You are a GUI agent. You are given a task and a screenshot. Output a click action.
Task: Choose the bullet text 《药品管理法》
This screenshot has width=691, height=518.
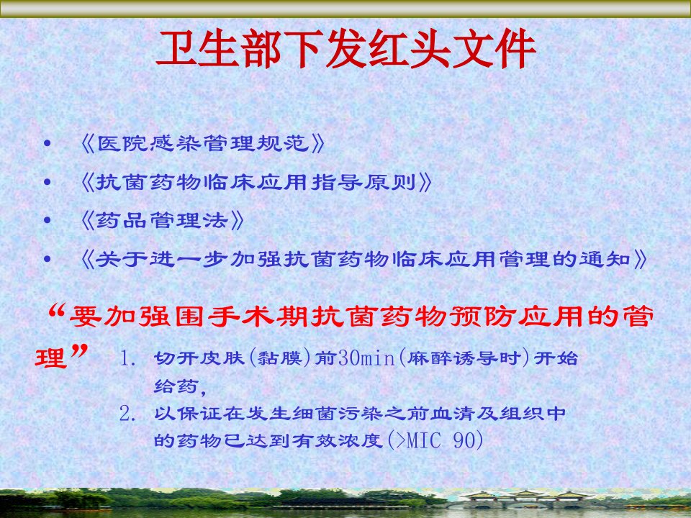(x=162, y=220)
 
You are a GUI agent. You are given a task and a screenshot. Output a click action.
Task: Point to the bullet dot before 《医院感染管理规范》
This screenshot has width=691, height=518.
(x=48, y=144)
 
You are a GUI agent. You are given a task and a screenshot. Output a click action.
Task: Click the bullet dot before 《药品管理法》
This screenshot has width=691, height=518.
(x=48, y=220)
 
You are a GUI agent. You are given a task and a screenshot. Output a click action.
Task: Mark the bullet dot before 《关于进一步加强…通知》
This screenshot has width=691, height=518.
(x=48, y=259)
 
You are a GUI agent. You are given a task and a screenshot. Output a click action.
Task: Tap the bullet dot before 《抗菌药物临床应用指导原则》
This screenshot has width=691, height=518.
(x=48, y=182)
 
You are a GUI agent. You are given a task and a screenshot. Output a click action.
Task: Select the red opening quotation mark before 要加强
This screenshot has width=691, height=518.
(x=57, y=312)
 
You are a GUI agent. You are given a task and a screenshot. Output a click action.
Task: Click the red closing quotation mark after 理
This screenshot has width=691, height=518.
(x=79, y=352)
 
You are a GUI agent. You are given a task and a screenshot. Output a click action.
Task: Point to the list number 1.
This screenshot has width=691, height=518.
(x=128, y=358)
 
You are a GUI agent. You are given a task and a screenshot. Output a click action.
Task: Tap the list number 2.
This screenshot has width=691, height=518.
(x=128, y=414)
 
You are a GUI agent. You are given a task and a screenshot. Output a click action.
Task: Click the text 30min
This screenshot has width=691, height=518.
(x=366, y=358)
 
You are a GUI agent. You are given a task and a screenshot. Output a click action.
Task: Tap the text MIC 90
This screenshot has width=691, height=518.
(x=441, y=440)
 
